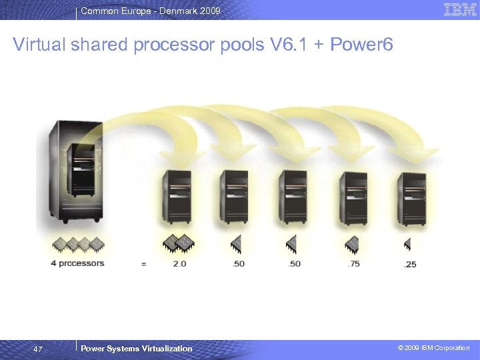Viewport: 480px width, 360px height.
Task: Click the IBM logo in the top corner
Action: coord(460,10)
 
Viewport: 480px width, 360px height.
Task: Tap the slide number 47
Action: coord(38,349)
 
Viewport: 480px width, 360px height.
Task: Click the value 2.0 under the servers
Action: coord(179,263)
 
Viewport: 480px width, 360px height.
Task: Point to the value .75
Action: coord(353,263)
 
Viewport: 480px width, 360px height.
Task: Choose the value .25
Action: coord(410,264)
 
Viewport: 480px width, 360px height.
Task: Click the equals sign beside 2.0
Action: coord(143,264)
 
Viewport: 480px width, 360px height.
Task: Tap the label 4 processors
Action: coord(77,263)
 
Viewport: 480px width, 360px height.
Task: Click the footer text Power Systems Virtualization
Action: coord(136,349)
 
